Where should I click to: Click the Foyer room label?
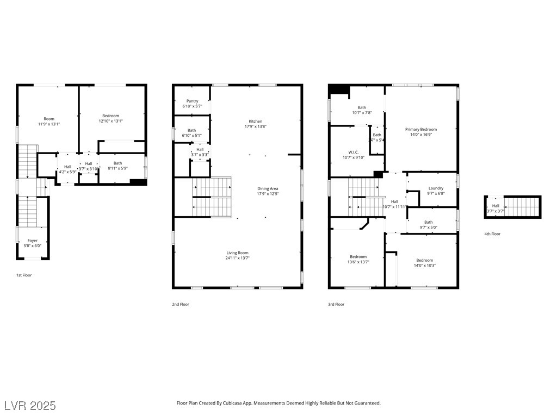[x=33, y=241]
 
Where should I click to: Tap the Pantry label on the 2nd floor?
[x=192, y=101]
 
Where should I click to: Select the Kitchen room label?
[x=256, y=121]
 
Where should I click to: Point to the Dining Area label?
[x=268, y=189]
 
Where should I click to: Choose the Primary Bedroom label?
[x=420, y=129]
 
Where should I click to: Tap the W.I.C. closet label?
[x=353, y=152]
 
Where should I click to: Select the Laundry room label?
[x=436, y=188]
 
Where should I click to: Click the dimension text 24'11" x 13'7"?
[x=237, y=258]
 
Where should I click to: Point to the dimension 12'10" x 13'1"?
[x=111, y=121]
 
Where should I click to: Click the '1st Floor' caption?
[x=24, y=275]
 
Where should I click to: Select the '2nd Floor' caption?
[x=180, y=305]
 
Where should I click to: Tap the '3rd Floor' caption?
[x=336, y=305]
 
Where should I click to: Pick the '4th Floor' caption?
[x=492, y=234]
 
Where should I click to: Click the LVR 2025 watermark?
[x=30, y=406]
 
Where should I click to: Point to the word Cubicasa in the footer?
[x=237, y=403]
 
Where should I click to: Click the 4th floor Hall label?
[x=496, y=206]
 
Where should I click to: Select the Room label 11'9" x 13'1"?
[x=49, y=119]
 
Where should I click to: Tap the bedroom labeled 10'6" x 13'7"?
[x=358, y=257]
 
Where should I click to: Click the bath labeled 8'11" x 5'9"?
[x=118, y=163]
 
